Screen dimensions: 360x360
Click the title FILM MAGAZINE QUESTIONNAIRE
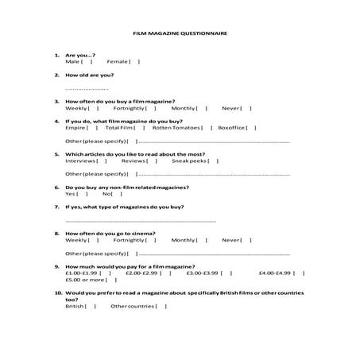click(180, 34)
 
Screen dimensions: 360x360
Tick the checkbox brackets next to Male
click(87, 61)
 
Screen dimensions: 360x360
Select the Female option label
click(117, 61)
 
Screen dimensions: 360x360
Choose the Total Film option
click(118, 127)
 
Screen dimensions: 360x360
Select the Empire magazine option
click(75, 127)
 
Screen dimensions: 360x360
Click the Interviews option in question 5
click(80, 160)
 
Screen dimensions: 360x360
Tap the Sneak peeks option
click(189, 160)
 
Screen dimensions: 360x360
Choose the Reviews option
click(134, 160)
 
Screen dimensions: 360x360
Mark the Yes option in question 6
click(71, 193)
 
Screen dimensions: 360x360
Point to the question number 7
click(56, 207)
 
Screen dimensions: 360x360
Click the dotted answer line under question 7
click(140, 220)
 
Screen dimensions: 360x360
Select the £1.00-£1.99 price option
click(83, 273)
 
